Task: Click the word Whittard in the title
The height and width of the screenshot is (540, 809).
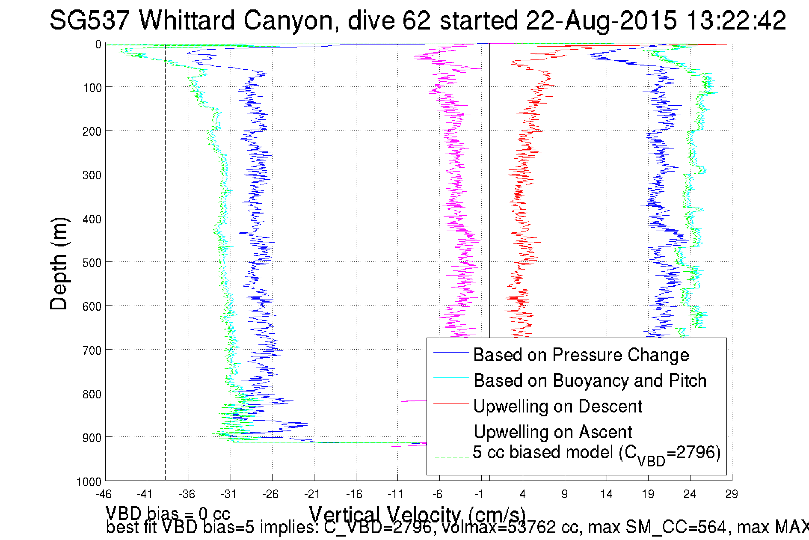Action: tap(187, 20)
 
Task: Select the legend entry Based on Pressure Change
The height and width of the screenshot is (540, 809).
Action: tap(581, 355)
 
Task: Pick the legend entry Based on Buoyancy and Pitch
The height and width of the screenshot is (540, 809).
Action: tap(590, 380)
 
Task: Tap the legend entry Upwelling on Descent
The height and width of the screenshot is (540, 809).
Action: tap(557, 406)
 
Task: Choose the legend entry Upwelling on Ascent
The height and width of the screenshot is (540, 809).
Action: tap(552, 432)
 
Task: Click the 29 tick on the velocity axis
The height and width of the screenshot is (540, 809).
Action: tap(732, 494)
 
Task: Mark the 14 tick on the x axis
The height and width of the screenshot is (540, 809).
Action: tap(606, 494)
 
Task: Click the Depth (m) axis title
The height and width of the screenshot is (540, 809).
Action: tap(59, 264)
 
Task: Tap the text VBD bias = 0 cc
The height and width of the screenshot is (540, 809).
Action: tap(168, 513)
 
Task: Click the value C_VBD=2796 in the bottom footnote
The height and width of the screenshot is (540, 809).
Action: tap(377, 527)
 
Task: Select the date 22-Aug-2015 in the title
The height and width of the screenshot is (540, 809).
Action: tap(601, 20)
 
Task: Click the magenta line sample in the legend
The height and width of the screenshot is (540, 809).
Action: tap(451, 429)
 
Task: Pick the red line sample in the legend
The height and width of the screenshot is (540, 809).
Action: tap(451, 403)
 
